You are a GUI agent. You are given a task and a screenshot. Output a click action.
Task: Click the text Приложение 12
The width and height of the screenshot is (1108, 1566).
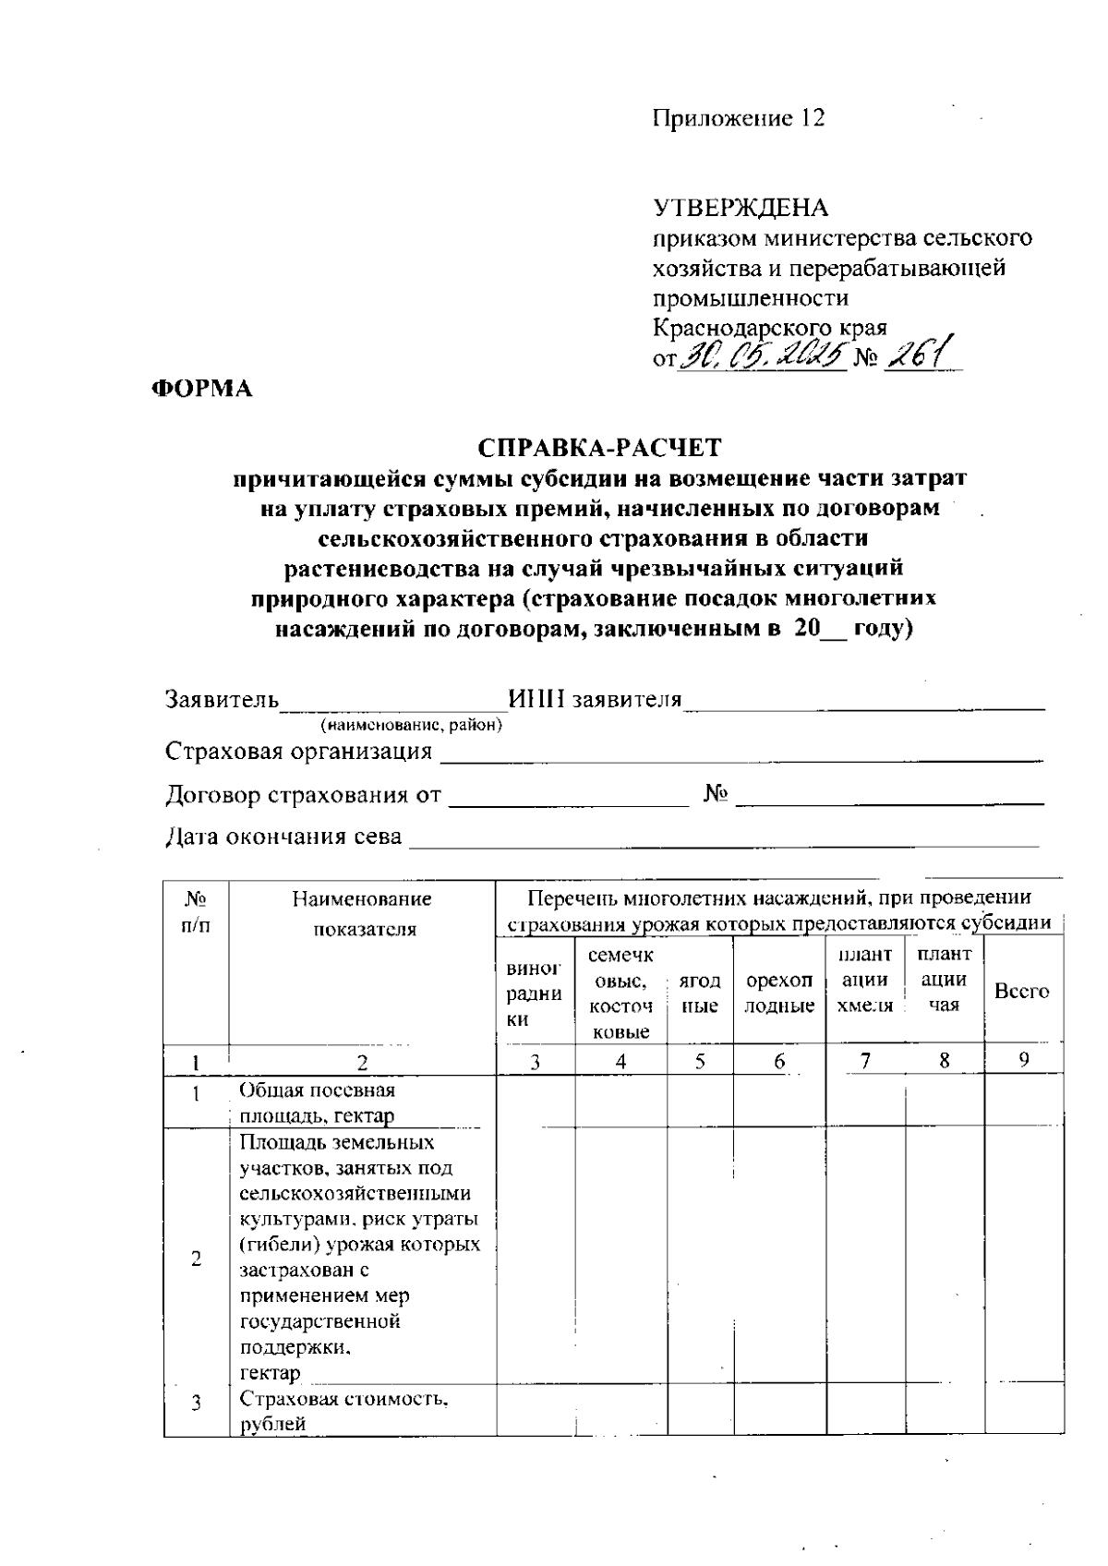[739, 118]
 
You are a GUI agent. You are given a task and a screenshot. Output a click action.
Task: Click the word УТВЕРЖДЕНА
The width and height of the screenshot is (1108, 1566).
[741, 208]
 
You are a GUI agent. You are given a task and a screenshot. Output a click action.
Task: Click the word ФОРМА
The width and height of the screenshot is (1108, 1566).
[202, 389]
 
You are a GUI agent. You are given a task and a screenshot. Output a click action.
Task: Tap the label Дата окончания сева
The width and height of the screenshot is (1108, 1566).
[283, 837]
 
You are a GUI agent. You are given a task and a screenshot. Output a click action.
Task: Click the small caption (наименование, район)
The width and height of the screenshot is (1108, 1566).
[411, 726]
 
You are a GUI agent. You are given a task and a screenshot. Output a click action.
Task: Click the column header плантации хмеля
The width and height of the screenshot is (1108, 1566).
[864, 980]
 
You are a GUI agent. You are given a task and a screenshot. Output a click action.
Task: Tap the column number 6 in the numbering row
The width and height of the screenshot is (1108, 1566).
[779, 1062]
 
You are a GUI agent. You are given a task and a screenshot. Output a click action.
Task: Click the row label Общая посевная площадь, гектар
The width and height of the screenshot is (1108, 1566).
[318, 1102]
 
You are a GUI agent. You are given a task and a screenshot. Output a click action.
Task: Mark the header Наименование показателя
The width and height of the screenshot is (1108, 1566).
[362, 913]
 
